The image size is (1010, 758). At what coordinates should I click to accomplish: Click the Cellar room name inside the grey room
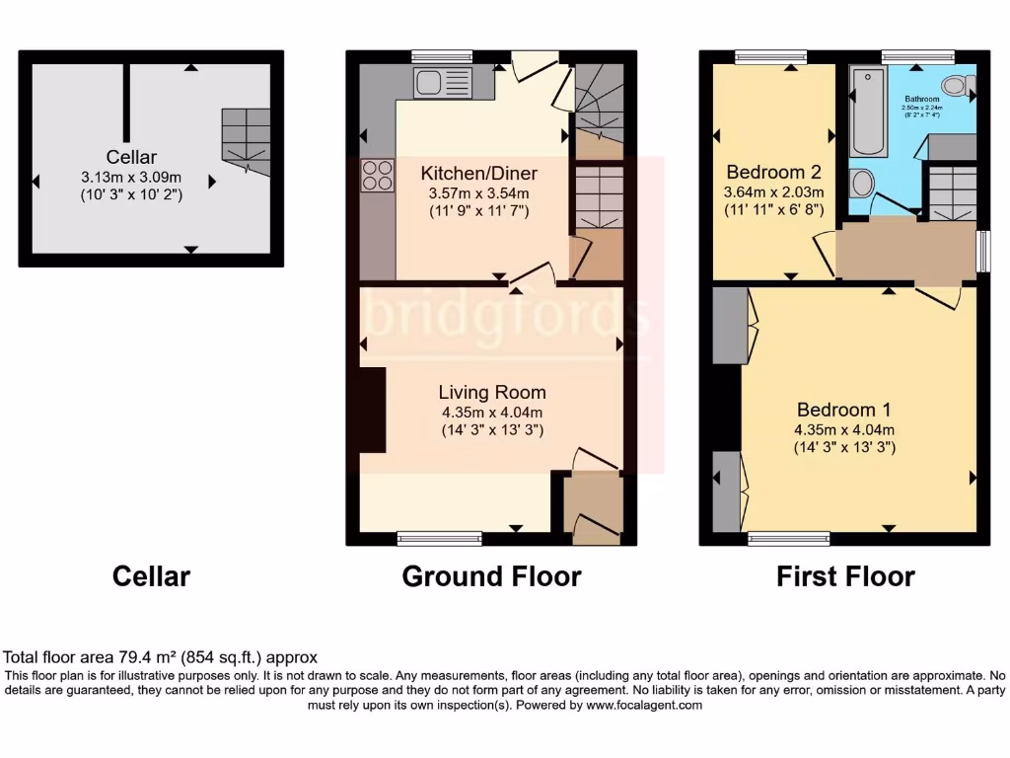coord(132,157)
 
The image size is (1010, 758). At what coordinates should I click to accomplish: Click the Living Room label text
coord(492,393)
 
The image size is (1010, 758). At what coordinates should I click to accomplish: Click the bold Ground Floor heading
coord(491,576)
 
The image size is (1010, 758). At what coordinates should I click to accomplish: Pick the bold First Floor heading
coord(845,576)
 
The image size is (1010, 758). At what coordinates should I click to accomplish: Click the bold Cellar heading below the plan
coord(151,576)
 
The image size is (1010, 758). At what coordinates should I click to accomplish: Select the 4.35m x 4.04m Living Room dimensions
coord(492,413)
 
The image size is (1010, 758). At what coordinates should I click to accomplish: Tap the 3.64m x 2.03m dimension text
coord(774,191)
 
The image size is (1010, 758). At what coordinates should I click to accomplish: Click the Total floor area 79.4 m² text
coord(161,656)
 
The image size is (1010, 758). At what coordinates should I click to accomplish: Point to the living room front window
coord(439,538)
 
